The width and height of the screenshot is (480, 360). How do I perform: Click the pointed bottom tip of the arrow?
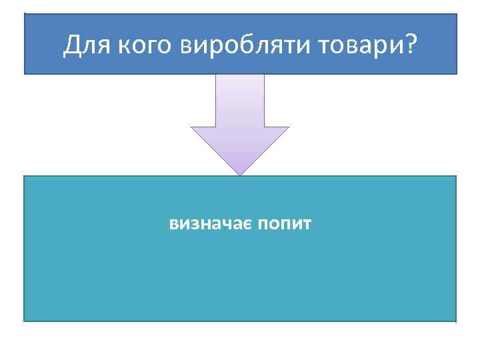click(240, 175)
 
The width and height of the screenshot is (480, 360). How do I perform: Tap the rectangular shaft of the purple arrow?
click(240, 100)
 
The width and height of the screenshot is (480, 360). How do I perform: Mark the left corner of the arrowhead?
click(192, 127)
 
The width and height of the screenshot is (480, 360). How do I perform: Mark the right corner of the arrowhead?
click(289, 127)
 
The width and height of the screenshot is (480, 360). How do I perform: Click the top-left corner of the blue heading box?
click(25, 14)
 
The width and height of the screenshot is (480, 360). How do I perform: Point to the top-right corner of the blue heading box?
click(457, 14)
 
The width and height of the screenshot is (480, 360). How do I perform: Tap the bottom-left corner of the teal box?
click(25, 321)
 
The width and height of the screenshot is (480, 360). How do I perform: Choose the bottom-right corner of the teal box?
click(456, 321)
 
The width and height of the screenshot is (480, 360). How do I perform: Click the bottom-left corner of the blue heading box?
click(25, 73)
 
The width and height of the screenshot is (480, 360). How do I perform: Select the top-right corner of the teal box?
click(456, 177)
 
